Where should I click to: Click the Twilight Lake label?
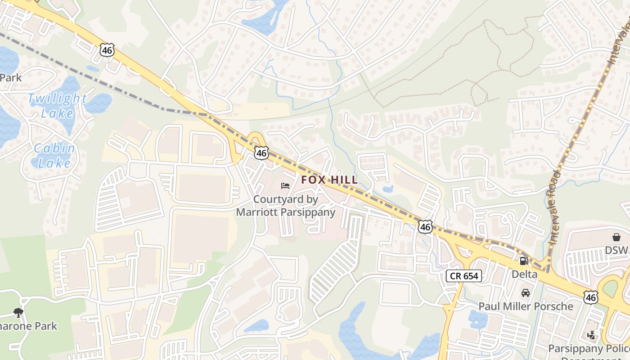(57, 105)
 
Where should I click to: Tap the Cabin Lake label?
(54, 155)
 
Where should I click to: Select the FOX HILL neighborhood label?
(329, 180)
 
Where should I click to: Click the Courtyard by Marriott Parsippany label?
(286, 206)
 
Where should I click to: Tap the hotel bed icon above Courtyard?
(285, 185)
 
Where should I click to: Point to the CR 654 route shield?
(464, 276)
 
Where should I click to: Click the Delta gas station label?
(524, 274)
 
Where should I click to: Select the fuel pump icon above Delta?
(524, 261)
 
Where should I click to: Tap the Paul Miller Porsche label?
(526, 306)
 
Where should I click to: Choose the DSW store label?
(616, 250)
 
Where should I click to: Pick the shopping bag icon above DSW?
(616, 237)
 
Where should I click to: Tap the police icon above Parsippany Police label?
(591, 335)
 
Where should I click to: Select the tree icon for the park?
(18, 312)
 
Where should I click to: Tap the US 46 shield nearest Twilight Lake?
(107, 49)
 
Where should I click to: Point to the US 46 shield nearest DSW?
(591, 297)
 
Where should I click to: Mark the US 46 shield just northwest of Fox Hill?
(261, 153)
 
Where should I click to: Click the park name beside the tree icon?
(29, 326)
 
